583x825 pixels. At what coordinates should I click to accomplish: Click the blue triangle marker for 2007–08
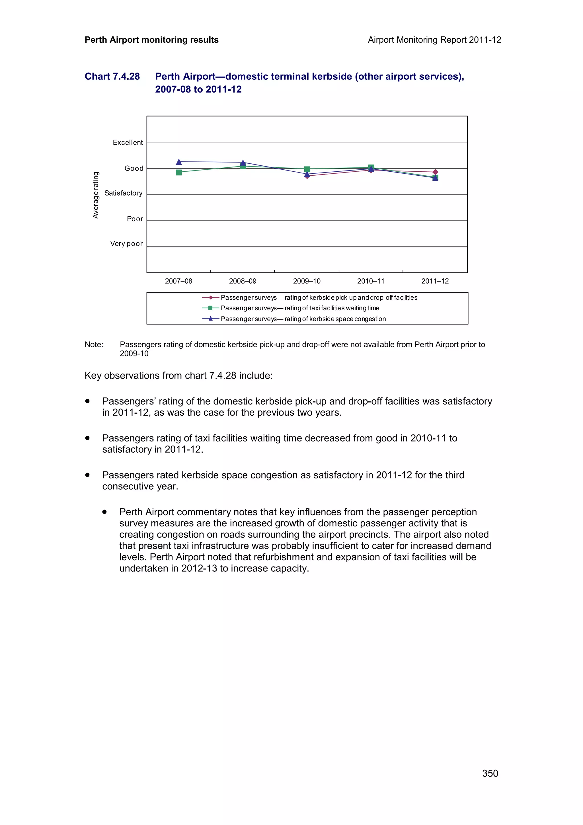[x=179, y=162]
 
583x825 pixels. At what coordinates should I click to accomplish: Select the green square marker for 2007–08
[x=179, y=173]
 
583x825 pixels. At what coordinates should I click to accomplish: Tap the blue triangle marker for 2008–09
[x=243, y=163]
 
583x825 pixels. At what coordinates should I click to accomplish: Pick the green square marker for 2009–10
[x=307, y=169]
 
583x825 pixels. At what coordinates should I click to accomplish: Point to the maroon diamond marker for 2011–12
[x=435, y=172]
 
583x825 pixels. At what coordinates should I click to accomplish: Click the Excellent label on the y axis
[x=128, y=143]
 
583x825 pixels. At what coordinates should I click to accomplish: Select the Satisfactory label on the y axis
[x=123, y=193]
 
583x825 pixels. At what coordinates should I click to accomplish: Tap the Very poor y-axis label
[x=126, y=244]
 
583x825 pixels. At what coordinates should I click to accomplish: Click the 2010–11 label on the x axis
[x=371, y=281]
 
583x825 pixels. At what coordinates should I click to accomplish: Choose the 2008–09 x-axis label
[x=243, y=281]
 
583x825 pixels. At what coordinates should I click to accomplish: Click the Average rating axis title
[x=96, y=195]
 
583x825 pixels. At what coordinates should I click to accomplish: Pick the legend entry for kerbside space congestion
[x=303, y=319]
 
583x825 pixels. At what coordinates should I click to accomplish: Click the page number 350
[x=490, y=773]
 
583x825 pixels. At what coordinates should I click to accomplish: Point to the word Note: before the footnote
[x=94, y=344]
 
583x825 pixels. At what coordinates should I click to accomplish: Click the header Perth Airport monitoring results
[x=152, y=40]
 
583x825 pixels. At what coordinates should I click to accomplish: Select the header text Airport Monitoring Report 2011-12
[x=434, y=40]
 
